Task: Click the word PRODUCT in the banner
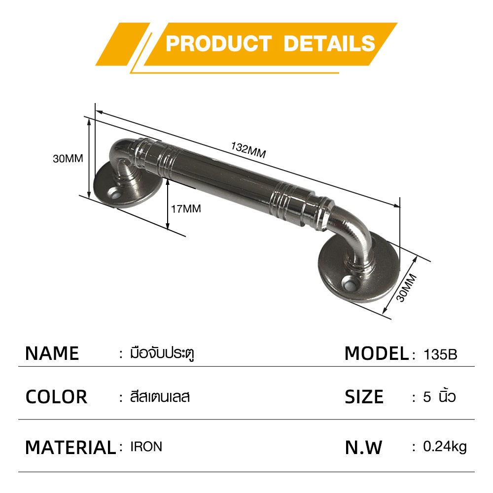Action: coord(218,43)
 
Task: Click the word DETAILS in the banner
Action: coord(329,43)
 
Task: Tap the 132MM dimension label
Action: coord(248,150)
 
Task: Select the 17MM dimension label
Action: coord(186,209)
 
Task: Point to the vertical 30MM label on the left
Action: coord(68,158)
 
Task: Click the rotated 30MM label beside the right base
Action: coord(406,288)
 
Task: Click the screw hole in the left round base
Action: coord(115,195)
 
